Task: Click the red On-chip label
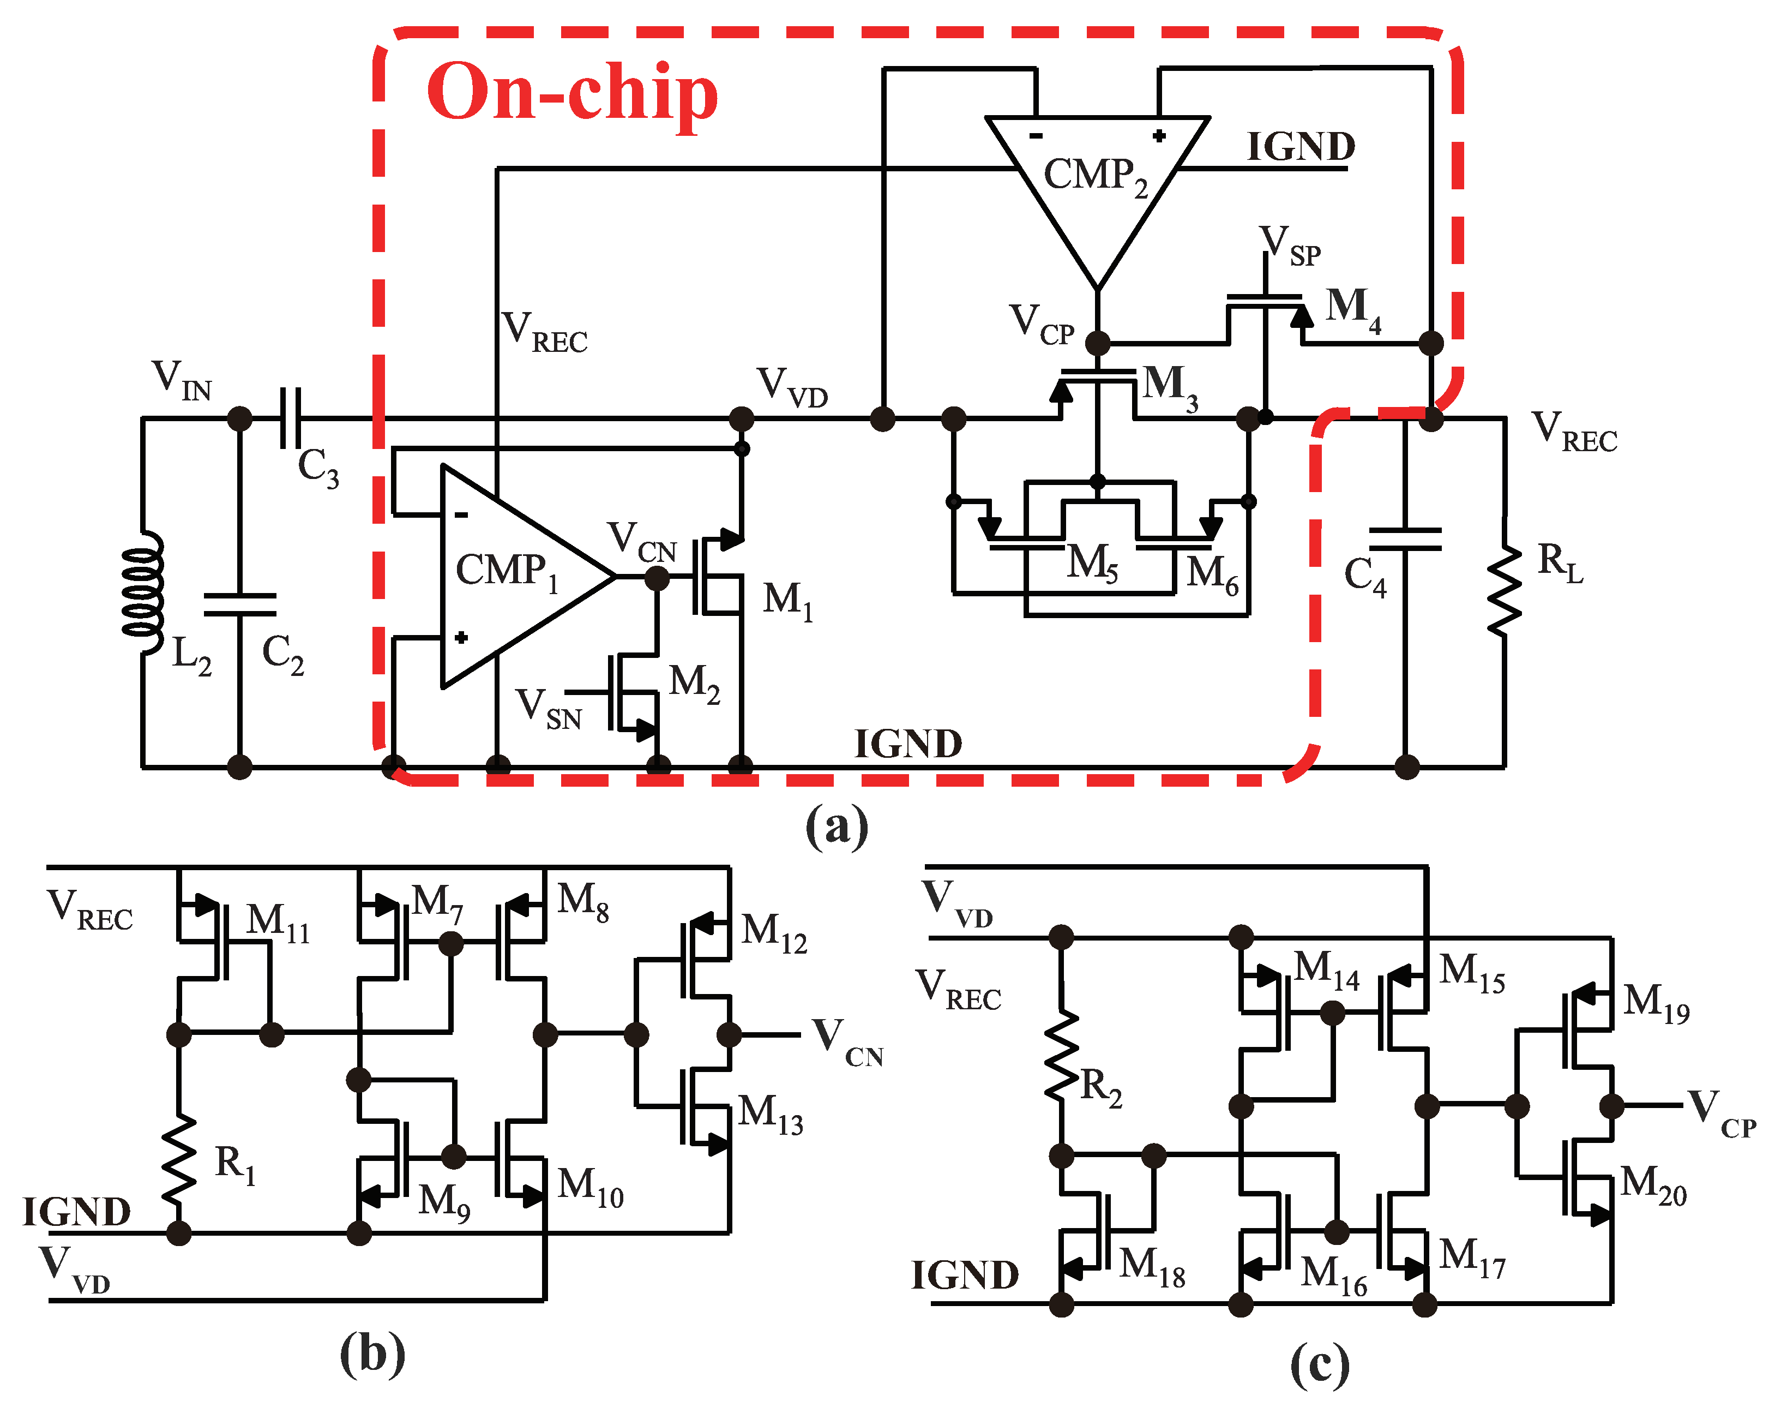pyautogui.click(x=571, y=92)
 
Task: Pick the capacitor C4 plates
pyautogui.click(x=1405, y=540)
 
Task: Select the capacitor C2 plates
pyautogui.click(x=239, y=604)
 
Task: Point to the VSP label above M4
pyautogui.click(x=1289, y=246)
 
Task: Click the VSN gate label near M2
pyautogui.click(x=547, y=709)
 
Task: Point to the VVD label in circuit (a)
pyautogui.click(x=791, y=387)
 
